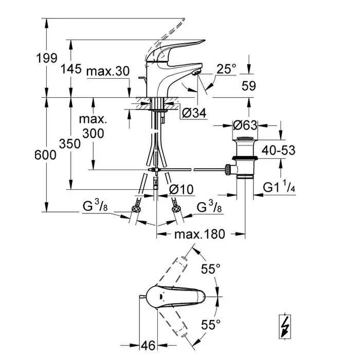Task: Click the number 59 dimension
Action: click(x=249, y=87)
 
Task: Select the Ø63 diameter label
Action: click(x=245, y=125)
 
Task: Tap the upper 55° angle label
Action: click(x=210, y=268)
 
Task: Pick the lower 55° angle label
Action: click(x=210, y=324)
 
